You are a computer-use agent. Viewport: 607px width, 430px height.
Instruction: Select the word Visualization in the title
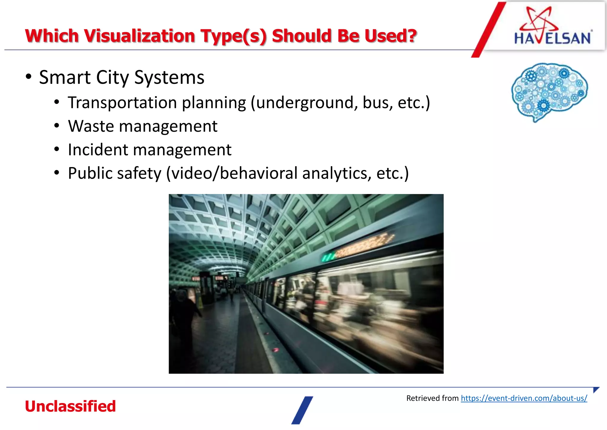(140, 36)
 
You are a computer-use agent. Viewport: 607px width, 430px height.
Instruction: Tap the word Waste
(91, 126)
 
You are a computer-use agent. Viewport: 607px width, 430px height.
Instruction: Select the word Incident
(98, 150)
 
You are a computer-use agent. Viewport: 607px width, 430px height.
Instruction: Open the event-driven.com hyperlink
(524, 398)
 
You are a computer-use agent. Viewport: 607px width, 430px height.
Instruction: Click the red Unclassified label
(70, 406)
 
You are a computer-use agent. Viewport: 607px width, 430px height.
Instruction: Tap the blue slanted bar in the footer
(302, 410)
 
